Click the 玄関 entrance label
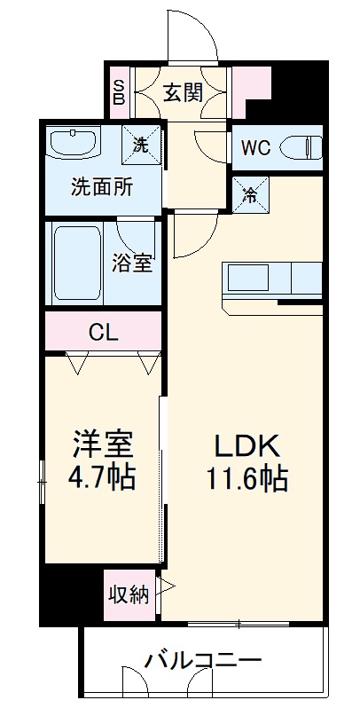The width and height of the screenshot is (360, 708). click(x=184, y=90)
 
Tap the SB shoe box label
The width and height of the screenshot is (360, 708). click(x=119, y=90)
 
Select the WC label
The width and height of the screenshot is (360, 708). click(x=255, y=147)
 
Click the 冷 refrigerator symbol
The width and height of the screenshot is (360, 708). click(x=251, y=193)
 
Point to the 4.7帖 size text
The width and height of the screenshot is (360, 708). click(x=104, y=478)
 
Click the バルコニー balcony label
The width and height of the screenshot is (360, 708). click(x=203, y=661)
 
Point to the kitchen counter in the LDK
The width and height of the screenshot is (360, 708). click(x=273, y=279)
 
